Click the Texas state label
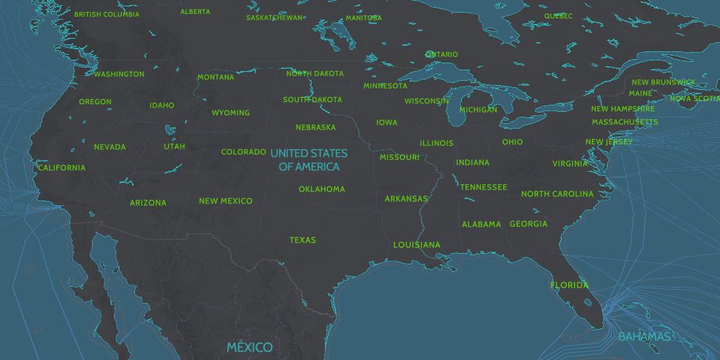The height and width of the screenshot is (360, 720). (302, 240)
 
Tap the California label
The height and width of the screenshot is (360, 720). (62, 168)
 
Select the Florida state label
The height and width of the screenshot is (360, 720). (570, 285)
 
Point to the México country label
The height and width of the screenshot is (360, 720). (250, 347)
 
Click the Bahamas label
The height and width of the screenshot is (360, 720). (645, 337)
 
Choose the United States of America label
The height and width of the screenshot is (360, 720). (309, 160)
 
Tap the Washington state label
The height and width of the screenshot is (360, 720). (119, 74)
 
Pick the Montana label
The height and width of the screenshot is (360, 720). (216, 77)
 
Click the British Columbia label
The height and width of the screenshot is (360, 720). (107, 14)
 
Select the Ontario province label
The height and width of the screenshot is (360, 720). (442, 54)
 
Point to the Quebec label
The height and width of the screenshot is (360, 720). (558, 15)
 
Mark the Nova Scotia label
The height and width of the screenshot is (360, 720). (694, 98)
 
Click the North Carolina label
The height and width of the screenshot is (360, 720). (557, 194)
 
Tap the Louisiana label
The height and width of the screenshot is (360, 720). (416, 245)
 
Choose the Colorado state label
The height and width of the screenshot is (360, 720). (243, 152)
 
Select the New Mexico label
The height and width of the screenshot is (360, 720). (225, 201)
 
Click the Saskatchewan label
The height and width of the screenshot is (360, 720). (275, 18)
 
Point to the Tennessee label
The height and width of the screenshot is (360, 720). (483, 187)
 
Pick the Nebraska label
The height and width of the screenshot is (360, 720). (316, 127)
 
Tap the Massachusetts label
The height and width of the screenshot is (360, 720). (624, 122)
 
